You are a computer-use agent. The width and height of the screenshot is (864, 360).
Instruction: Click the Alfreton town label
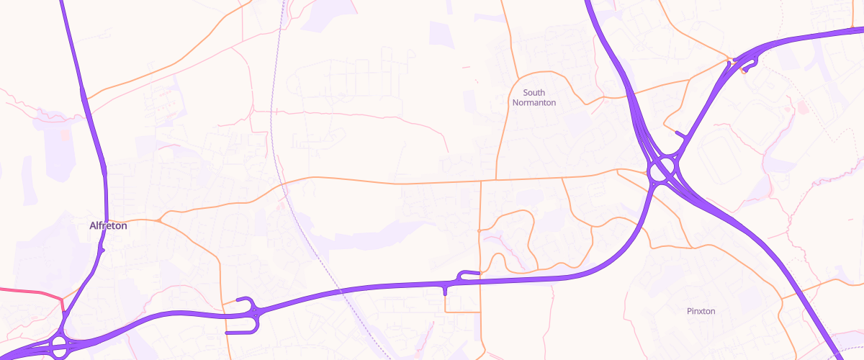[108, 225]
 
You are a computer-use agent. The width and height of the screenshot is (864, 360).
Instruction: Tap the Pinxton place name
[701, 311]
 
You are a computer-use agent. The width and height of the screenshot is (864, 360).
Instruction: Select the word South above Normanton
[534, 92]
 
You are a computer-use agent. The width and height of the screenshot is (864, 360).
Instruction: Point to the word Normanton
[534, 102]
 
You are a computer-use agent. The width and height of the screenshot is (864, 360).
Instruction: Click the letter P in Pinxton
[690, 311]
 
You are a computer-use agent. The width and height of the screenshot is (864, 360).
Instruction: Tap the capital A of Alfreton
[93, 225]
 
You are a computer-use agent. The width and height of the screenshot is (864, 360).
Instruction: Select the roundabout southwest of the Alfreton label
[59, 345]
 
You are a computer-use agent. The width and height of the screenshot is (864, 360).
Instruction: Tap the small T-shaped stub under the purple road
[446, 291]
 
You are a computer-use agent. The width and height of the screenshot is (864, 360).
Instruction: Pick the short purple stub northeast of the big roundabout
[680, 134]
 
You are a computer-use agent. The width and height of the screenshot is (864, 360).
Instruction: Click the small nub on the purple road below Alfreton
[103, 250]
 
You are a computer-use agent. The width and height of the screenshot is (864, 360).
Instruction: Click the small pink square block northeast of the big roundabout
[803, 109]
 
